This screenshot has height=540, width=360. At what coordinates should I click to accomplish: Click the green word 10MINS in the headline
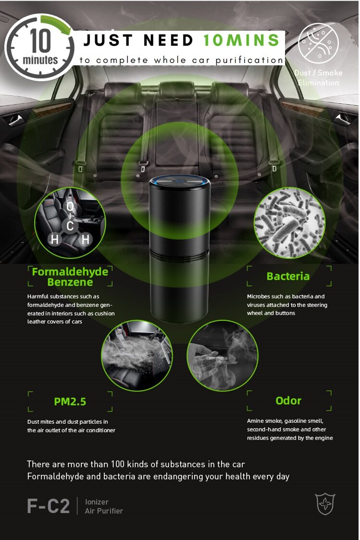coord(241,40)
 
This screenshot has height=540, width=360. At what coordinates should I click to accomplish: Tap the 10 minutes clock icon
coord(39,47)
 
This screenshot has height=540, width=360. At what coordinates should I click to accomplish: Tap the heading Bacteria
coord(288,276)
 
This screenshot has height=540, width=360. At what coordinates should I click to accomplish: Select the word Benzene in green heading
coord(70,282)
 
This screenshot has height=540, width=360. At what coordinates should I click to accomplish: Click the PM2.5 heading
coord(70,402)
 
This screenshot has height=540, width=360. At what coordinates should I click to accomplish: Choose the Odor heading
coord(288,401)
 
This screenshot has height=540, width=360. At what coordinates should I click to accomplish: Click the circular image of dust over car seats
coord(137,356)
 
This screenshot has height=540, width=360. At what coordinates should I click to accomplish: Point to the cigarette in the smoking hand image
coord(217,358)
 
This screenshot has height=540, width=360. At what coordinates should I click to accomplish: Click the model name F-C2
coord(48,506)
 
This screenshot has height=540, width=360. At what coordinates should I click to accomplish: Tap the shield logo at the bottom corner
coord(325,504)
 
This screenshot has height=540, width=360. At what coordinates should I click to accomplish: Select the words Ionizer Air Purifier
coord(104,506)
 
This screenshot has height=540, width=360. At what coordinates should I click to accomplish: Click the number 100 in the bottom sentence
coord(117,464)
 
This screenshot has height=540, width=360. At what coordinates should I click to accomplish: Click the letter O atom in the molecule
coord(70,207)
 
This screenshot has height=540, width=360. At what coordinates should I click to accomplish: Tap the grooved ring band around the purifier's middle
coord(179,255)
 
